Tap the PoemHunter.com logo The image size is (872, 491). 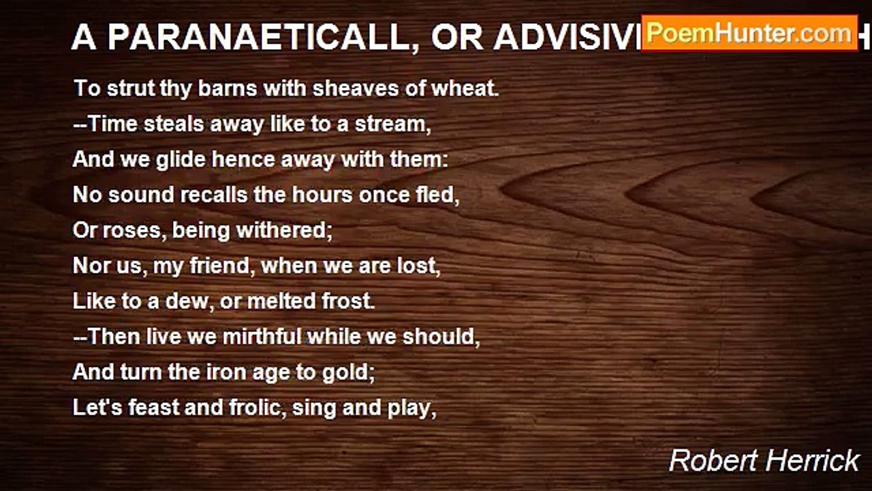pos(749,33)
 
